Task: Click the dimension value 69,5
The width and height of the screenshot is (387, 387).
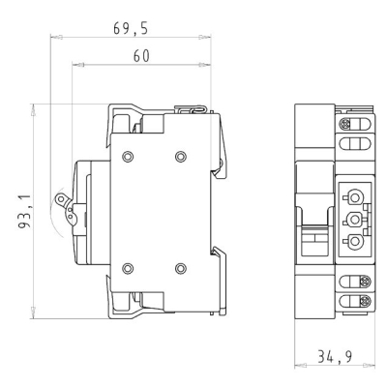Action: click(131, 28)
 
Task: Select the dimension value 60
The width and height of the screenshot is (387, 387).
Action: click(141, 56)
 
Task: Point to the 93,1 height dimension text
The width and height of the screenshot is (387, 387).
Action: click(24, 212)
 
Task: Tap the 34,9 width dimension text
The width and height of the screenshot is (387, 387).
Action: click(335, 357)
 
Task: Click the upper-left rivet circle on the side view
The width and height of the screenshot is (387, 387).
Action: click(128, 157)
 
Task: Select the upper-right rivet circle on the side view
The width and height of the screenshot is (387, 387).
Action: click(181, 157)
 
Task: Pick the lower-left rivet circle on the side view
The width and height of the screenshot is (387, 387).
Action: click(128, 268)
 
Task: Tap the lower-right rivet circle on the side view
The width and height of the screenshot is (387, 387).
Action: click(181, 268)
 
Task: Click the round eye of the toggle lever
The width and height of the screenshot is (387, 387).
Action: click(60, 199)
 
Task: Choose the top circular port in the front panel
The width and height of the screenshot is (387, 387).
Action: click(355, 196)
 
